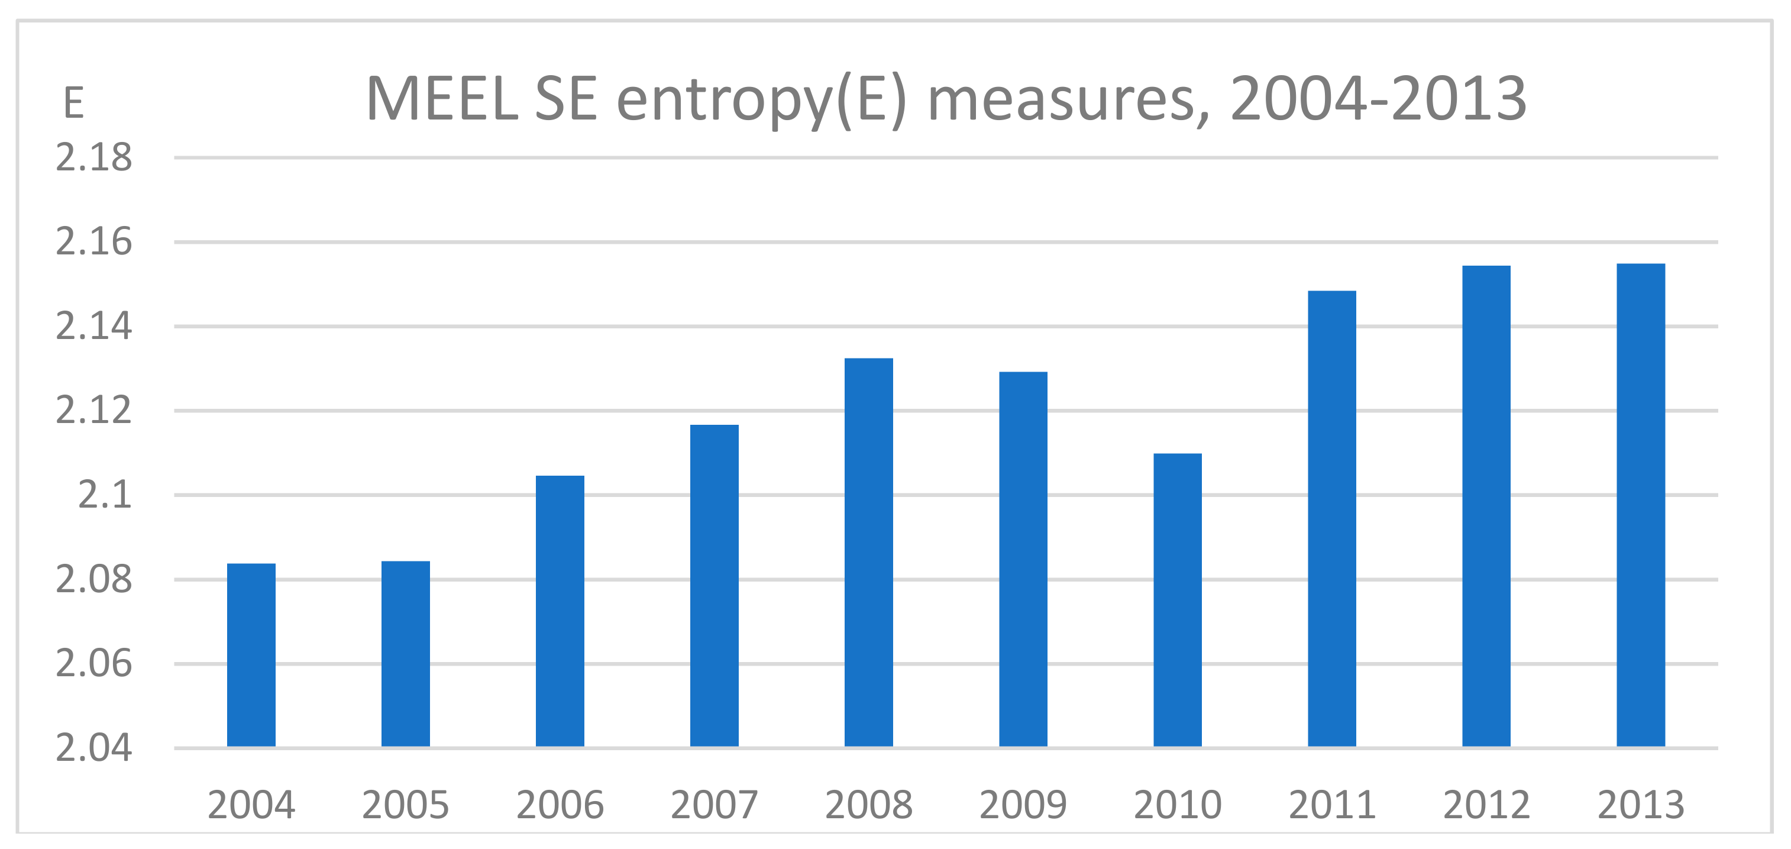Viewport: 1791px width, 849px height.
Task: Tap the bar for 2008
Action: click(868, 552)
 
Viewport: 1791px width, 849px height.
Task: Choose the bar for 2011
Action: click(1331, 518)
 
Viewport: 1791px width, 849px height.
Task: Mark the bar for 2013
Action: click(1640, 505)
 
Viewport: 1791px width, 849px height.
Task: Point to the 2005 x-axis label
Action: click(405, 805)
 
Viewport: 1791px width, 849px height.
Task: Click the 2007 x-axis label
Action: click(714, 805)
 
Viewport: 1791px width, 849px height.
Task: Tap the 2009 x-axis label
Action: click(1023, 805)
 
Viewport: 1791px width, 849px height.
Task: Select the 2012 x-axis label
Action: click(1486, 805)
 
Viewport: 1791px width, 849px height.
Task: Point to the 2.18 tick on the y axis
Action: click(94, 158)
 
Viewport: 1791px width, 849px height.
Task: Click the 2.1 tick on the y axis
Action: click(104, 495)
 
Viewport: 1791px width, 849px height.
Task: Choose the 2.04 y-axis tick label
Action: click(94, 748)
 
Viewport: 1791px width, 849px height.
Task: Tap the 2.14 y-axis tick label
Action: click(94, 326)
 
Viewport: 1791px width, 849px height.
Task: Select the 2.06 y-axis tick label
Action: click(94, 664)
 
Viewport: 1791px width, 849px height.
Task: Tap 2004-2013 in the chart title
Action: click(1378, 99)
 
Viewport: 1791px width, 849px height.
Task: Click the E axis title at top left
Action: click(74, 104)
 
